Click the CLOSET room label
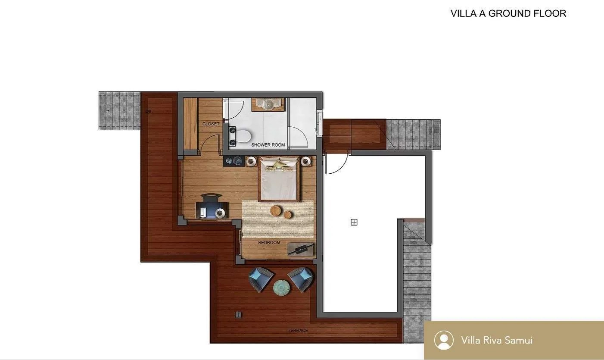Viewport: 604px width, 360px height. [211, 124]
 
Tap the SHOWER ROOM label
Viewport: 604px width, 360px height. [268, 145]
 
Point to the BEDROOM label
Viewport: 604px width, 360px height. [269, 243]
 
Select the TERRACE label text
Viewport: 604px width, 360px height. [298, 331]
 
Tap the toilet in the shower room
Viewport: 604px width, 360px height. [243, 136]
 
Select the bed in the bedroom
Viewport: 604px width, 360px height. [279, 179]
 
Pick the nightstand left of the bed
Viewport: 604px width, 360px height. [252, 161]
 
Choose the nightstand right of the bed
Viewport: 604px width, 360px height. [305, 161]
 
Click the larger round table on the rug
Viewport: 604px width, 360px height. [276, 211]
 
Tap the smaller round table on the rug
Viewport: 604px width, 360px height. [288, 214]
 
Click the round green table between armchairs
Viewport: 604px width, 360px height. [281, 288]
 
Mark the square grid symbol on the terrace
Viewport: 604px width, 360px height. [238, 315]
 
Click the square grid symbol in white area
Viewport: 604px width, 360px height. [354, 222]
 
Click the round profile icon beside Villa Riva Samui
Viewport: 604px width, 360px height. [444, 340]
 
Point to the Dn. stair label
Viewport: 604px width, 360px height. [149, 112]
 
